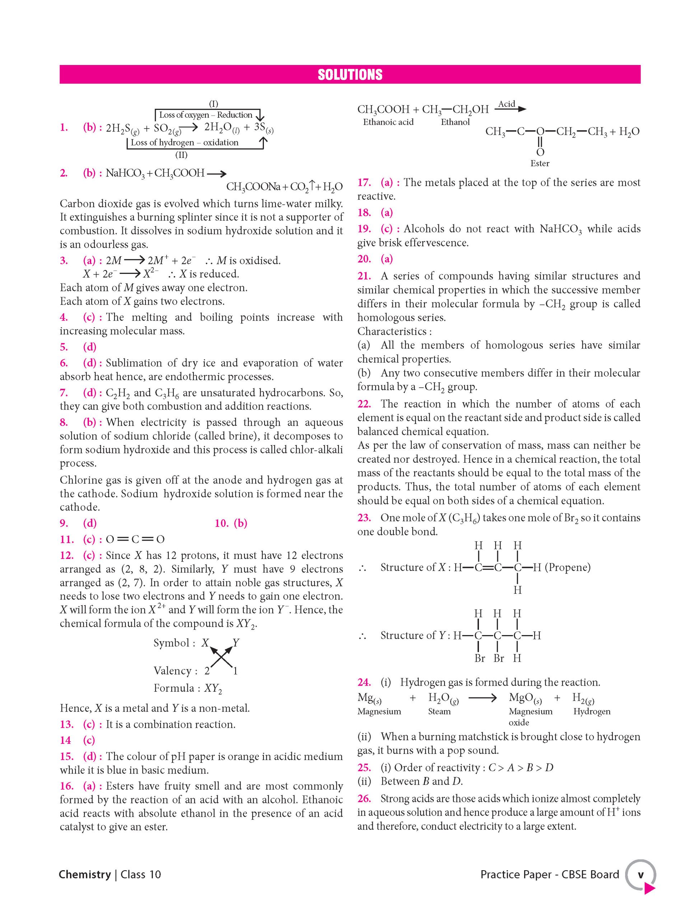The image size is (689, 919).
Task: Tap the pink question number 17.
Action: click(364, 182)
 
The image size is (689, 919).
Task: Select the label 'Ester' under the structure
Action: click(540, 163)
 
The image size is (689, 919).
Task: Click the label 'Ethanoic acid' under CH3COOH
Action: click(388, 122)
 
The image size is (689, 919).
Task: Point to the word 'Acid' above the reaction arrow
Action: click(507, 104)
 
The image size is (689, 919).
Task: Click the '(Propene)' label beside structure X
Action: click(567, 567)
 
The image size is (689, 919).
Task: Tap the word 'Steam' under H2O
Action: click(439, 711)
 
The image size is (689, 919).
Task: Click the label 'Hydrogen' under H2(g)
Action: click(592, 711)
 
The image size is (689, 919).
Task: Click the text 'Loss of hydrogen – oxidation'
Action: click(185, 143)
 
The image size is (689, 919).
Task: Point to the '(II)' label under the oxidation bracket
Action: click(181, 155)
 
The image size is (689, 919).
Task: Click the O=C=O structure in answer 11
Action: click(135, 539)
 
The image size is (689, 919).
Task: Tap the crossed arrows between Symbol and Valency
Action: click(221, 657)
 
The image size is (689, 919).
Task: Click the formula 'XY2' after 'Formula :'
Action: click(213, 689)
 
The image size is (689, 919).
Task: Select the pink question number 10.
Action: click(222, 523)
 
